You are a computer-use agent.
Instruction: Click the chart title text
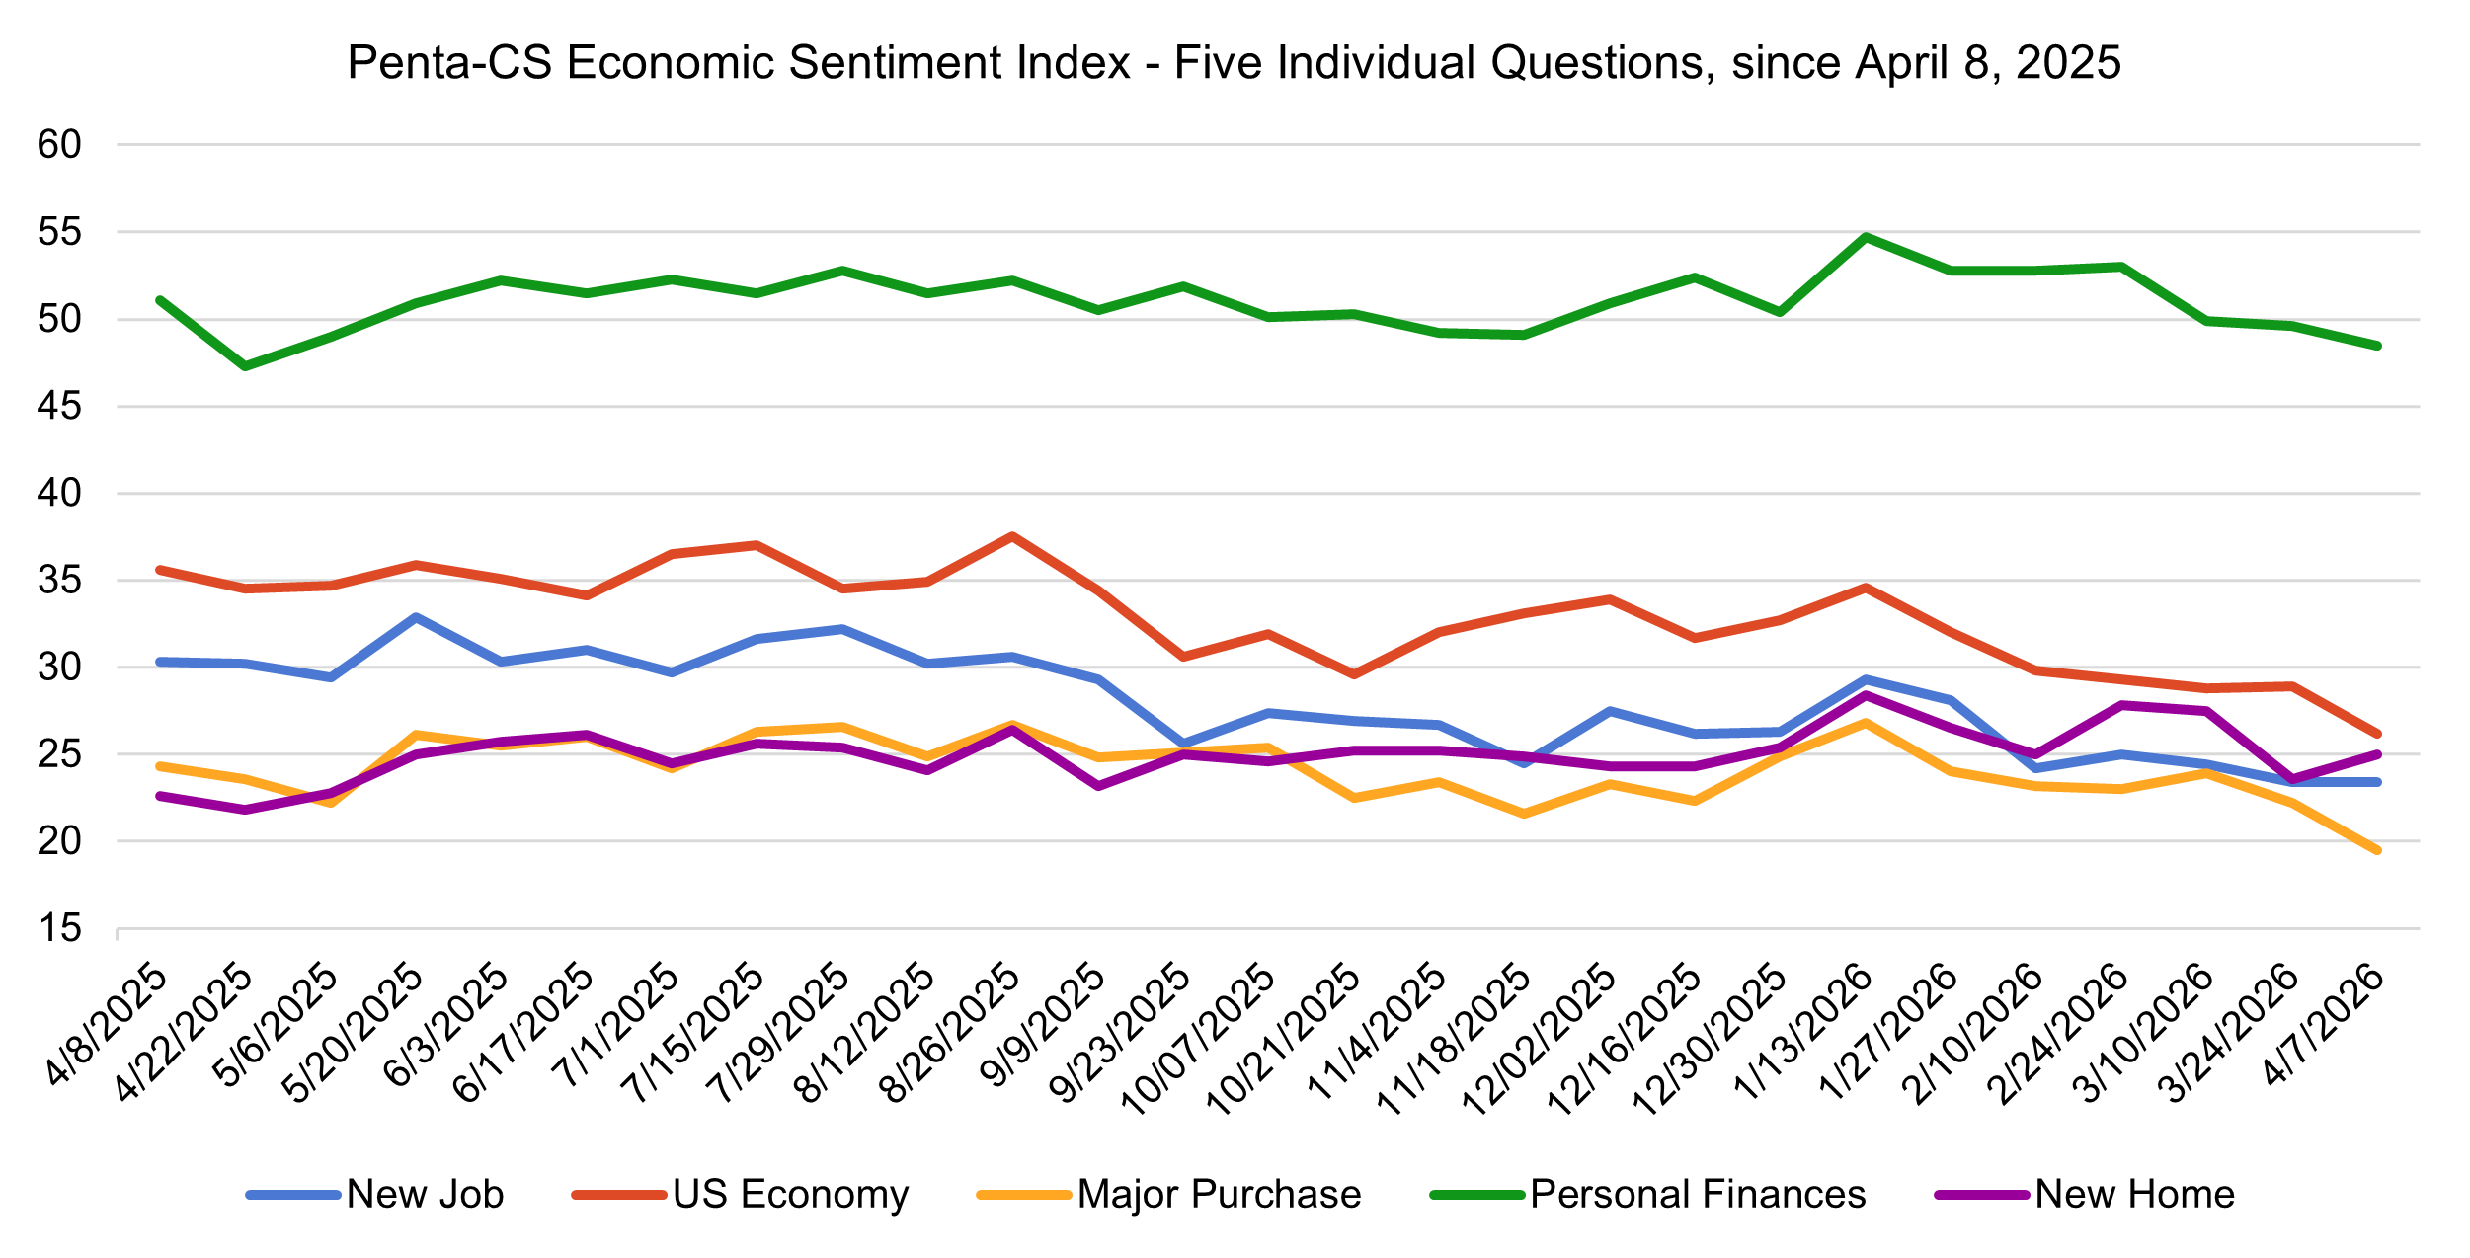(x=1234, y=63)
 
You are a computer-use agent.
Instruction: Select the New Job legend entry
(x=425, y=1195)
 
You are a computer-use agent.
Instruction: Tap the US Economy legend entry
(x=790, y=1195)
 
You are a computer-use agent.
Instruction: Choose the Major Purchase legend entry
(x=1219, y=1195)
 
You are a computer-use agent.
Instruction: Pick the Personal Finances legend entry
(x=1698, y=1195)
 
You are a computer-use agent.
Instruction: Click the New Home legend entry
(x=2134, y=1195)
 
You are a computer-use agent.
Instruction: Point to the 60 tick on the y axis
(x=59, y=145)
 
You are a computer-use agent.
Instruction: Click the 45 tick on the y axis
(x=59, y=406)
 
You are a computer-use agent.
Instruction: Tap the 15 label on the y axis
(x=59, y=928)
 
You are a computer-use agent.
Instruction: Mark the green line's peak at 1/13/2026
(x=1865, y=237)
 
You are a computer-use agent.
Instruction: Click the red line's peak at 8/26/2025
(x=1012, y=536)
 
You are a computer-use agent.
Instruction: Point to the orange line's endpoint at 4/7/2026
(x=2376, y=850)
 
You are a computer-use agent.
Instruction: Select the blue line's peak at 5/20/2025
(x=416, y=617)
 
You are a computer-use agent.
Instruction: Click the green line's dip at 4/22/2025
(x=245, y=366)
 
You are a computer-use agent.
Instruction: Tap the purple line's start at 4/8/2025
(x=160, y=796)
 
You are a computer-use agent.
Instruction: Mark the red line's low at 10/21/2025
(x=1353, y=674)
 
